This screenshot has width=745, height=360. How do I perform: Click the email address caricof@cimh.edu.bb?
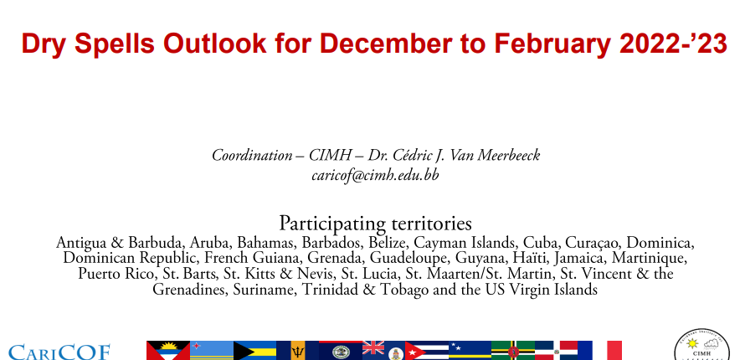[375, 175]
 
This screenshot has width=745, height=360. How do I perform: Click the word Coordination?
[252, 156]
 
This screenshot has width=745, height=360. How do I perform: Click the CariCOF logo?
[59, 352]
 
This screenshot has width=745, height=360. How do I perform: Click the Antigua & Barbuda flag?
[168, 351]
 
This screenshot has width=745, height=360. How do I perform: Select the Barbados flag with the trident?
[297, 351]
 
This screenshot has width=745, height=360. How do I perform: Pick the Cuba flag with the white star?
[427, 351]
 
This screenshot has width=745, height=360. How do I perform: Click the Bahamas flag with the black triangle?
[254, 351]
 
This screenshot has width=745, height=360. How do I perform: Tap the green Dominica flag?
[513, 351]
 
